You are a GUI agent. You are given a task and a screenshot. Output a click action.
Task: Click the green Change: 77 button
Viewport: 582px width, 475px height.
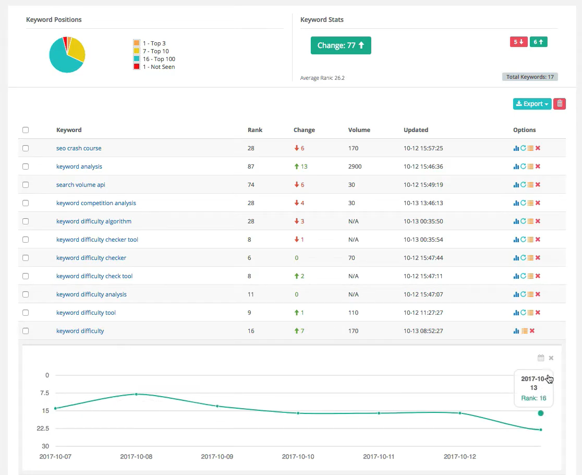[341, 45]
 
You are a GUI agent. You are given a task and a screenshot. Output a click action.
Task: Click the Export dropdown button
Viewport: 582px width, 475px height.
[532, 104]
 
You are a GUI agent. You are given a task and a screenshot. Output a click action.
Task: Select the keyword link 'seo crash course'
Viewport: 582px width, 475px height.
[79, 148]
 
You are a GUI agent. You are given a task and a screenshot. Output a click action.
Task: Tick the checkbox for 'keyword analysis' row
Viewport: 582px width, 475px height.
[26, 167]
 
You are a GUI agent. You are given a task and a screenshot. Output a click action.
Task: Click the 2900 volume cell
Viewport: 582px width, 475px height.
[355, 167]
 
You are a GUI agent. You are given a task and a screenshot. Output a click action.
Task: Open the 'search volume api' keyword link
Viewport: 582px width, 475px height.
[80, 185]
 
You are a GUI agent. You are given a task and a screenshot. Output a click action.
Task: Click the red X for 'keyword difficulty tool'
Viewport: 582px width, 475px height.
[538, 313]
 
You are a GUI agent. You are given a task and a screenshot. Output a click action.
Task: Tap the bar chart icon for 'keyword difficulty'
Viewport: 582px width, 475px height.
[516, 331]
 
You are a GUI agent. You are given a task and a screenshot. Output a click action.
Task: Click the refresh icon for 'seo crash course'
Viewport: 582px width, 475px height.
[523, 148]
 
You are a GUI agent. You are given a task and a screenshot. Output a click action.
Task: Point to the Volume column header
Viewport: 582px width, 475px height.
[359, 130]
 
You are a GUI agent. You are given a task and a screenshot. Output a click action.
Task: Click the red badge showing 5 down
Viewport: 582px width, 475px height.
[518, 42]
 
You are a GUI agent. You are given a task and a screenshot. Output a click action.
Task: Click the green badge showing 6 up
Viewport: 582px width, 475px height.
[539, 42]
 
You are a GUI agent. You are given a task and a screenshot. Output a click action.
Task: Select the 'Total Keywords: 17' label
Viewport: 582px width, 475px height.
[530, 77]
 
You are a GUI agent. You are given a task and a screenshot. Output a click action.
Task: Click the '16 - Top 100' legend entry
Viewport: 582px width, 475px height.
[159, 59]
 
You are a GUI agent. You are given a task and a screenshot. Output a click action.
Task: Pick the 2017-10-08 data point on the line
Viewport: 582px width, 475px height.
[136, 394]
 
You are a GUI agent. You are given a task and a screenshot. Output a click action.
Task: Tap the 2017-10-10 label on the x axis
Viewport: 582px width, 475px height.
[298, 457]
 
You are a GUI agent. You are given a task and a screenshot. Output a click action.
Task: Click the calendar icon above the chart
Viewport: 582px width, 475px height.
[541, 358]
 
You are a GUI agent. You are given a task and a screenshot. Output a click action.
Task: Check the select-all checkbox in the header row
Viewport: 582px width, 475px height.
[26, 130]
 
